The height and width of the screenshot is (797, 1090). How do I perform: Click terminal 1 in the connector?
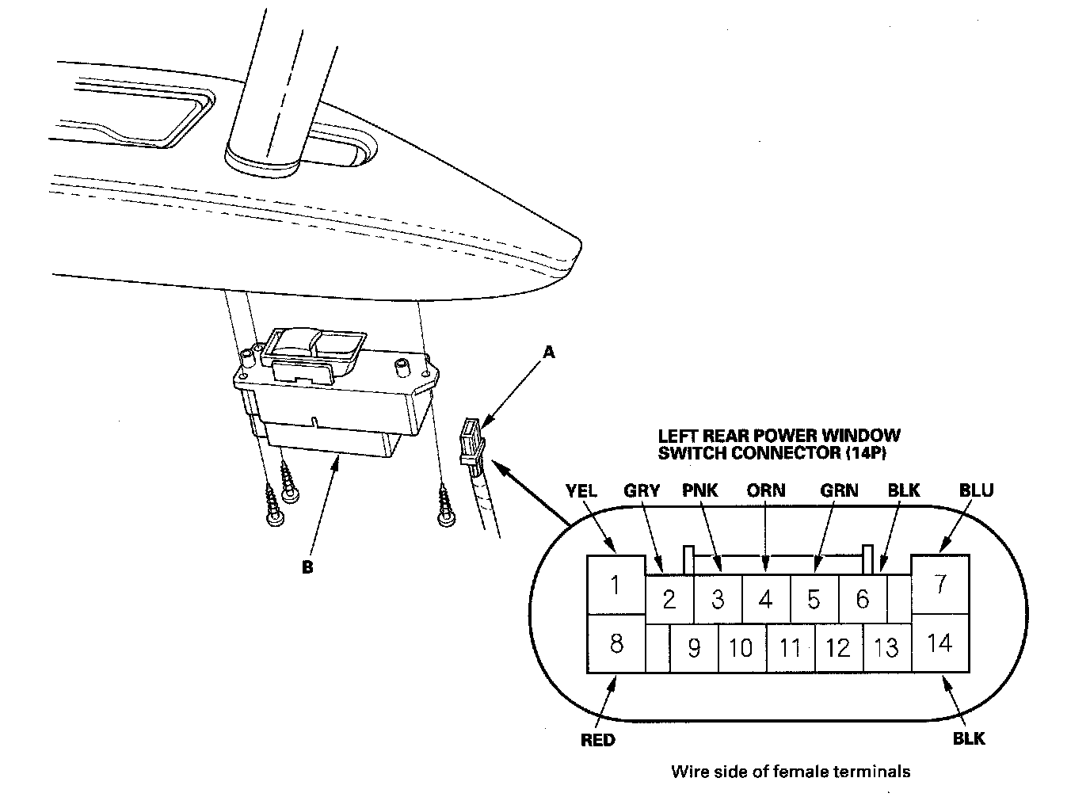[615, 586]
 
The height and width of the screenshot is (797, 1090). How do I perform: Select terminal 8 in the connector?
[615, 643]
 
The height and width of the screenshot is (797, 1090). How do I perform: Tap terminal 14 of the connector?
[939, 643]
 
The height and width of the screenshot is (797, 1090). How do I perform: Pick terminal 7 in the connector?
[939, 585]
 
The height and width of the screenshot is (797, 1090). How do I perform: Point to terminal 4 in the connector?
[765, 599]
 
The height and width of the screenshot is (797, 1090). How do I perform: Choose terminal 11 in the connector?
[790, 649]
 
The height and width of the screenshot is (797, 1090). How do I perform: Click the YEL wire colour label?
[581, 490]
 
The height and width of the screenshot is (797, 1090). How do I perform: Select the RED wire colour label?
[598, 740]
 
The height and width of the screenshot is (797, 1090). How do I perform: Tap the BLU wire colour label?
[976, 490]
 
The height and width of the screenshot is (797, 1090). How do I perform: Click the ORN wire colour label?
[766, 490]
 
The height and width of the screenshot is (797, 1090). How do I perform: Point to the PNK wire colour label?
[699, 490]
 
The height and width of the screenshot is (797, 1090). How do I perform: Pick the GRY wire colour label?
[642, 490]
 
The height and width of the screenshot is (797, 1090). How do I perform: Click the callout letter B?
[307, 567]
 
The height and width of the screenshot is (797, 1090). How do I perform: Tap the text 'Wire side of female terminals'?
[790, 771]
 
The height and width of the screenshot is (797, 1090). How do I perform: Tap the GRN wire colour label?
[839, 490]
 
